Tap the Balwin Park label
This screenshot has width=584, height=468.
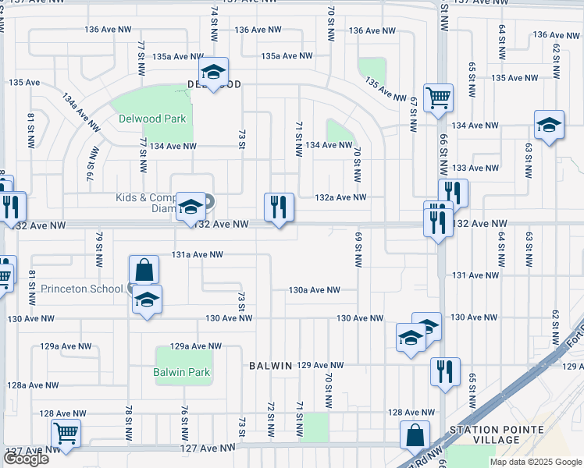183,372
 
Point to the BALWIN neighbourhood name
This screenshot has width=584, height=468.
270,365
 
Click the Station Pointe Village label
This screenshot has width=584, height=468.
484,435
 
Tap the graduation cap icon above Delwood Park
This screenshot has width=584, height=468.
212,72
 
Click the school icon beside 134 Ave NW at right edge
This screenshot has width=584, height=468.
549,124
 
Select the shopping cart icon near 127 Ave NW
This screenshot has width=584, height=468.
66,432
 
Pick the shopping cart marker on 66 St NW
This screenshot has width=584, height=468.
439,98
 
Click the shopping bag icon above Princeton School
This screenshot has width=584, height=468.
144,270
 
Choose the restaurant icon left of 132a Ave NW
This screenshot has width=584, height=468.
279,207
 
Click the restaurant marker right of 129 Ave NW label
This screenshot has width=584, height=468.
445,371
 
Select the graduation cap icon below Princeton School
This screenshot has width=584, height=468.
146,300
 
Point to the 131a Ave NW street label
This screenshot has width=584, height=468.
198,254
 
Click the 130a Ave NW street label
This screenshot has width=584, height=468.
314,289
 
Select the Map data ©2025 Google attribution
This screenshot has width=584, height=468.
534,462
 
